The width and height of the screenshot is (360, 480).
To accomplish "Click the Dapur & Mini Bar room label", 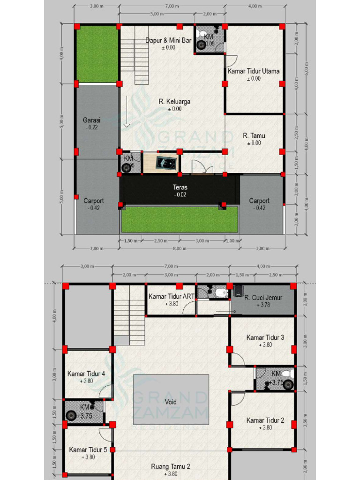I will [x=168, y=40].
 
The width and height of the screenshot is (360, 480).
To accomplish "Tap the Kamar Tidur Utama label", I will [x=254, y=71].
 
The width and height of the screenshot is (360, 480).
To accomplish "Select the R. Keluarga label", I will [x=174, y=101].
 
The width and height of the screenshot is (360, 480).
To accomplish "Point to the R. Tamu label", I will [x=254, y=135].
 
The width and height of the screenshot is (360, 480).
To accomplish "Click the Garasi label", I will [x=92, y=120].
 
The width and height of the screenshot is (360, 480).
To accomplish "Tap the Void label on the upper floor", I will [x=171, y=402].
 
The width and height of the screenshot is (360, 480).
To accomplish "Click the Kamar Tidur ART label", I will [x=172, y=296].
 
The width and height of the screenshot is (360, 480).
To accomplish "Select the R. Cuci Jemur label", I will [x=262, y=297].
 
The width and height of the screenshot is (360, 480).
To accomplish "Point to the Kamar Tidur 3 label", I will [x=265, y=337].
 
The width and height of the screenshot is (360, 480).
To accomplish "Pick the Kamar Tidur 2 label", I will [x=265, y=420].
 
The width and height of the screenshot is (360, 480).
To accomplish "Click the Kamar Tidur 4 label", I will [x=86, y=374].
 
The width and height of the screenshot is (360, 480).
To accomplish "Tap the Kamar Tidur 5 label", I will [x=88, y=450].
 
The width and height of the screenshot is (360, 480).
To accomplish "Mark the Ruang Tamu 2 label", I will [x=171, y=466].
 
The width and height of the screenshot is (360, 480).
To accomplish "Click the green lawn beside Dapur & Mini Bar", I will [x=97, y=53].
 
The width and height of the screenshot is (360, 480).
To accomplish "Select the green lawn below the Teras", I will [x=180, y=219].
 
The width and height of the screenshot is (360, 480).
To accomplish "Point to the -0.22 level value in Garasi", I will [x=92, y=127].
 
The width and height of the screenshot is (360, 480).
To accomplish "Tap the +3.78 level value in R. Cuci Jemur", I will [x=262, y=305].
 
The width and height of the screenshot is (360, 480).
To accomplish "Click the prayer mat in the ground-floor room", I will [x=167, y=162].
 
